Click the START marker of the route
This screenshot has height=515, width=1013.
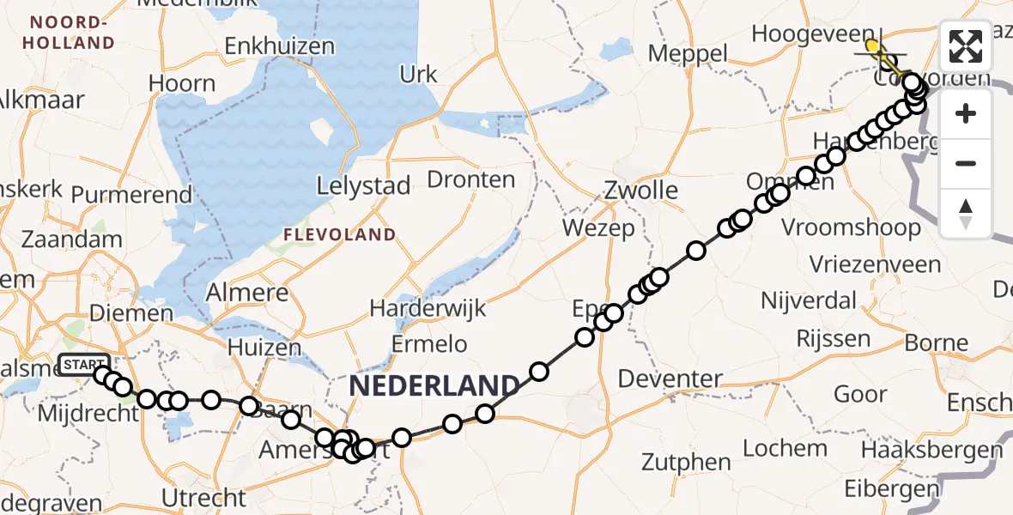pos(83,366)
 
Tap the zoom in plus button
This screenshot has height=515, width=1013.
pos(966,113)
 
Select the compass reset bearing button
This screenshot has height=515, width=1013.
pos(966,213)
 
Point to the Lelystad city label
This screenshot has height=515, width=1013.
pos(363,186)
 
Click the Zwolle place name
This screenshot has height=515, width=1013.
pos(640,190)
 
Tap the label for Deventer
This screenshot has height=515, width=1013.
pos(670,378)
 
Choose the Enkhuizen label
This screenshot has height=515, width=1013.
pos(279,46)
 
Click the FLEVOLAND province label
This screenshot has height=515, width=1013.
pos(341,234)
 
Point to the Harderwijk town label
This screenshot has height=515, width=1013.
pos(428,308)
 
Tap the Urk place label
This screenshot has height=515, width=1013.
pos(418,75)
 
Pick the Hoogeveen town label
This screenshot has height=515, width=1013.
pos(810,34)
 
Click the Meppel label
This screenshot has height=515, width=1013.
pos(688,53)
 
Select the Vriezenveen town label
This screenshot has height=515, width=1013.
pos(875,264)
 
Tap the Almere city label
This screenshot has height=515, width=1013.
pos(247,293)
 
